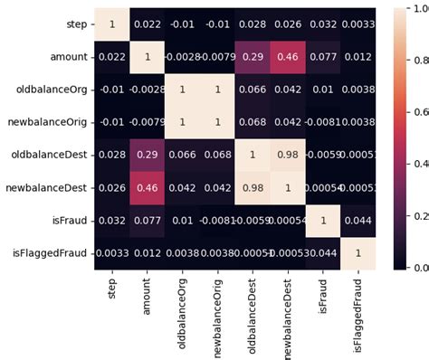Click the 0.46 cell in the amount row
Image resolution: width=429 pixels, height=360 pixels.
tap(287, 57)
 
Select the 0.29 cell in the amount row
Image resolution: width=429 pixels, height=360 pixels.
tap(252, 57)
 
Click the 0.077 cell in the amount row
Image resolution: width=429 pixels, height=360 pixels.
tap(322, 57)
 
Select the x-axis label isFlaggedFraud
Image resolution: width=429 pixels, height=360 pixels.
tap(357, 308)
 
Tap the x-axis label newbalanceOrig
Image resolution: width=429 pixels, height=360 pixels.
tap(217, 308)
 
